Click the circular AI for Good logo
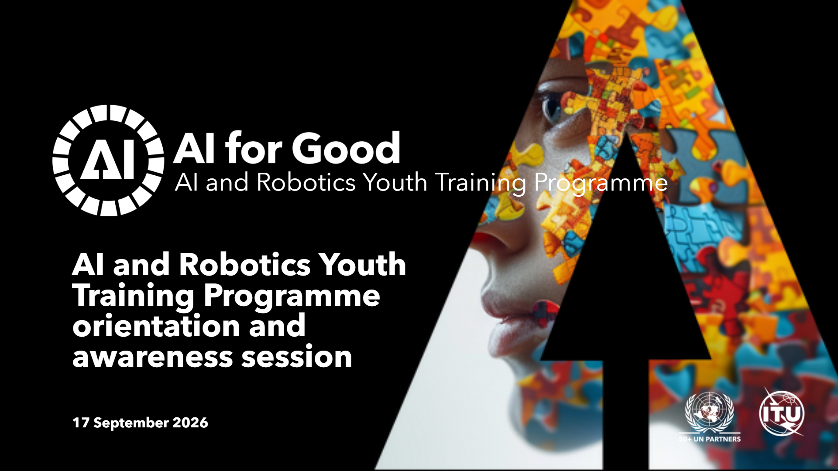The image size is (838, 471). (108, 160)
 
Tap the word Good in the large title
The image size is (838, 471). (346, 148)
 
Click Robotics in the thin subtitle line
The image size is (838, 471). (306, 182)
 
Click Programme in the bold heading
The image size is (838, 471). (292, 297)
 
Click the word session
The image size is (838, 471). (297, 356)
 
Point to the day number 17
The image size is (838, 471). (81, 423)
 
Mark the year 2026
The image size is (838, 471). (190, 423)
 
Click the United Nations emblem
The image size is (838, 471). (710, 413)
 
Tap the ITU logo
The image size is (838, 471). (782, 413)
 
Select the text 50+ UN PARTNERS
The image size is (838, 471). (710, 439)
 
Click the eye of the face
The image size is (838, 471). (551, 107)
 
